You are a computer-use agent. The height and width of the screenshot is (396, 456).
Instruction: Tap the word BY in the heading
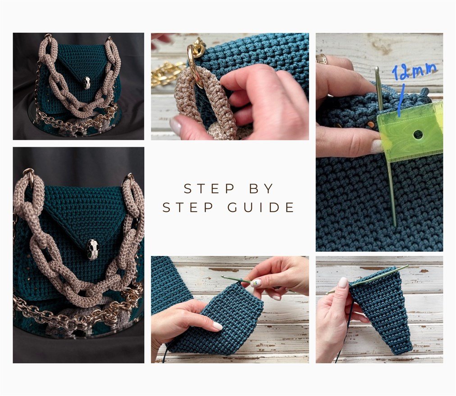[x=263, y=189]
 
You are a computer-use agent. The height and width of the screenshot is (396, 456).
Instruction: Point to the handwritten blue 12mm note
[x=414, y=72]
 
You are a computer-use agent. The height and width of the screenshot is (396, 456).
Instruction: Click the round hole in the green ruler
[x=418, y=134]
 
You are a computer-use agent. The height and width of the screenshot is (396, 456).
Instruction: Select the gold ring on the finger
[x=322, y=59]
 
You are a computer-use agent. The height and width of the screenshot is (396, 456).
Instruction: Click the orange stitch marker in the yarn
[x=370, y=124]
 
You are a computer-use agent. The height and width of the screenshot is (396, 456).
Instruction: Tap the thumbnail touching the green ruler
[x=377, y=146]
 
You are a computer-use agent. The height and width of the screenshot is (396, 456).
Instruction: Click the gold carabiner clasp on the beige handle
[x=195, y=63]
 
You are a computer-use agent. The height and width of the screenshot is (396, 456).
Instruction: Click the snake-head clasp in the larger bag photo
[x=93, y=249]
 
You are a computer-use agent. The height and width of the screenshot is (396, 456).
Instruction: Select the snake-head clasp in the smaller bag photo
[x=87, y=82]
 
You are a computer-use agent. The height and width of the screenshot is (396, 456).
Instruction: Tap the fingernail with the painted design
[x=255, y=283]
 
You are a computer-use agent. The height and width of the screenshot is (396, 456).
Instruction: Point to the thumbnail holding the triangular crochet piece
[x=343, y=283]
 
